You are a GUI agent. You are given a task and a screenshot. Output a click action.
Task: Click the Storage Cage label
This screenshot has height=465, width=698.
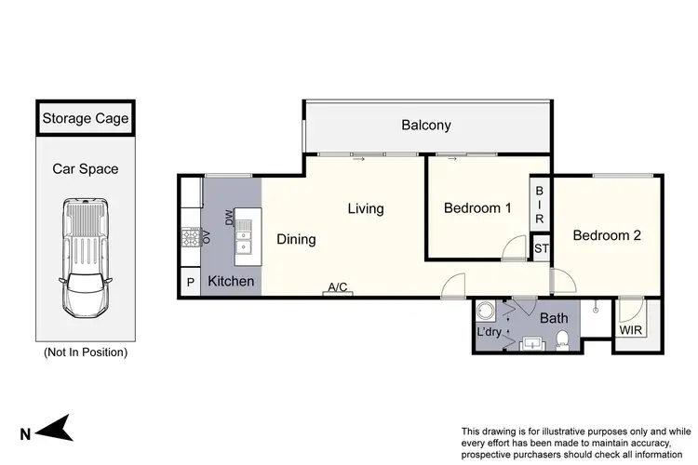pyautogui.click(x=86, y=119)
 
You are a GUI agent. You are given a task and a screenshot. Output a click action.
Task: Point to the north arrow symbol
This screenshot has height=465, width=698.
pyautogui.click(x=58, y=429)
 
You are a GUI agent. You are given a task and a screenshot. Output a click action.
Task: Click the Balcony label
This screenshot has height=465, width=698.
pyautogui.click(x=426, y=126)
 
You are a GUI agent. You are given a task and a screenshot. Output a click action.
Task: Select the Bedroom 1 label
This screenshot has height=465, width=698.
pyautogui.click(x=477, y=208)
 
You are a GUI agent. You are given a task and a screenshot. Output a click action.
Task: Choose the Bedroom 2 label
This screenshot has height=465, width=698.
pyautogui.click(x=607, y=236)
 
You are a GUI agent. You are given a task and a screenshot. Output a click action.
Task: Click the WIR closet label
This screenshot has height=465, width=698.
pyautogui.click(x=631, y=329)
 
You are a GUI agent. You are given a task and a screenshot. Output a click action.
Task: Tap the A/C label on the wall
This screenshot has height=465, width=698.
pyautogui.click(x=337, y=288)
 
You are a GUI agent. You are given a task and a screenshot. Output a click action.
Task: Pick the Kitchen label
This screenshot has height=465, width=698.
pyautogui.click(x=231, y=281)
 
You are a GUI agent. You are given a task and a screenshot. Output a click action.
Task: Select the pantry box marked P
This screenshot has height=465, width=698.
pyautogui.click(x=191, y=282)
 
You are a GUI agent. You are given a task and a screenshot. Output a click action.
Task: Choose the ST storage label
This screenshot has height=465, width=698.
pyautogui.click(x=541, y=248)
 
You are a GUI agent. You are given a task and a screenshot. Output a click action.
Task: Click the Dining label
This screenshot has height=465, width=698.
pyautogui.click(x=296, y=239)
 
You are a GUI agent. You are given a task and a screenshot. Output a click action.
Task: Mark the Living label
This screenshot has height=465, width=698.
pyautogui.click(x=366, y=209)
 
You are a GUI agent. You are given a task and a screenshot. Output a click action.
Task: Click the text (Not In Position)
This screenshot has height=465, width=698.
pyautogui.click(x=86, y=352)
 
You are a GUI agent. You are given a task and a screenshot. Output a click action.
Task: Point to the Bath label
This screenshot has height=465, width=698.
pyautogui.click(x=555, y=318)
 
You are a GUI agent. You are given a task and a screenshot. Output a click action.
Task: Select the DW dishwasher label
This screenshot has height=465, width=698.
pyautogui.click(x=229, y=216)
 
